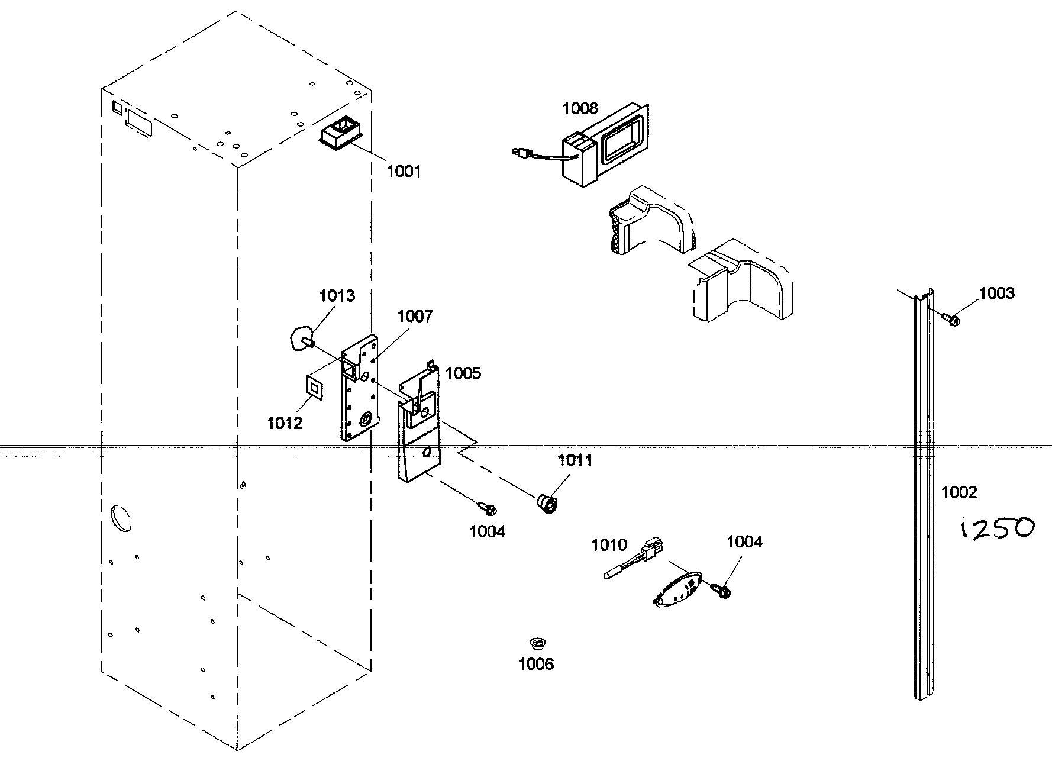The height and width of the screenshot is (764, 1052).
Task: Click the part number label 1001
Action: tap(404, 172)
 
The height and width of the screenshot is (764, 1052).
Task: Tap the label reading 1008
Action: tap(580, 108)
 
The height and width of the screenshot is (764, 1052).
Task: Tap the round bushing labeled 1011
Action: tap(547, 505)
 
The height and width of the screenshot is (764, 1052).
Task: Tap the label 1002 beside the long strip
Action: tap(959, 492)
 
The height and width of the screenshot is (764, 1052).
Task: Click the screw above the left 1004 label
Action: tap(488, 507)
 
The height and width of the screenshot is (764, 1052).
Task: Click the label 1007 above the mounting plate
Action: tap(415, 316)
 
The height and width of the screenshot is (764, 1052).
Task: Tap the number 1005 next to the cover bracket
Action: tap(463, 373)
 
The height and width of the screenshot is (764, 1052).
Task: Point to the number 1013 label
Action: tap(337, 296)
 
